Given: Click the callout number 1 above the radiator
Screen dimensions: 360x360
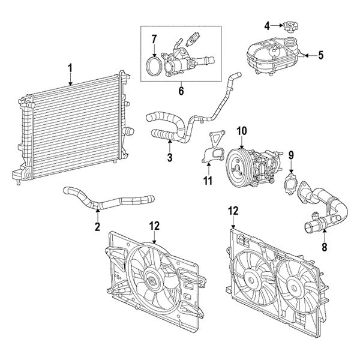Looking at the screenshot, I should tap(70, 68).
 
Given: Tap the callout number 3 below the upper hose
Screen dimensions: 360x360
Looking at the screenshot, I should tap(170, 158).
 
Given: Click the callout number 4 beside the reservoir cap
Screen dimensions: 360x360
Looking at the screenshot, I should tap(267, 25).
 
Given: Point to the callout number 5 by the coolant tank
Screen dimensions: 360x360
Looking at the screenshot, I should tap(320, 56).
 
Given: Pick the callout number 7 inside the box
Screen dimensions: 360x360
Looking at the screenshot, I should tap(154, 40).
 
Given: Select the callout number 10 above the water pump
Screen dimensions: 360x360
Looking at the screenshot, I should tap(241, 131).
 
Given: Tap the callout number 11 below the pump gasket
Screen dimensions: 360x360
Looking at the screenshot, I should tap(208, 180).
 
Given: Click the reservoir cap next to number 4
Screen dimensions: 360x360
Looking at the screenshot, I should tap(290, 26).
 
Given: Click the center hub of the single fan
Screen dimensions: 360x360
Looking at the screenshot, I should tap(151, 279).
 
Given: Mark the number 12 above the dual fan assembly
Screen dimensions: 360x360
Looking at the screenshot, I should tap(233, 211).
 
